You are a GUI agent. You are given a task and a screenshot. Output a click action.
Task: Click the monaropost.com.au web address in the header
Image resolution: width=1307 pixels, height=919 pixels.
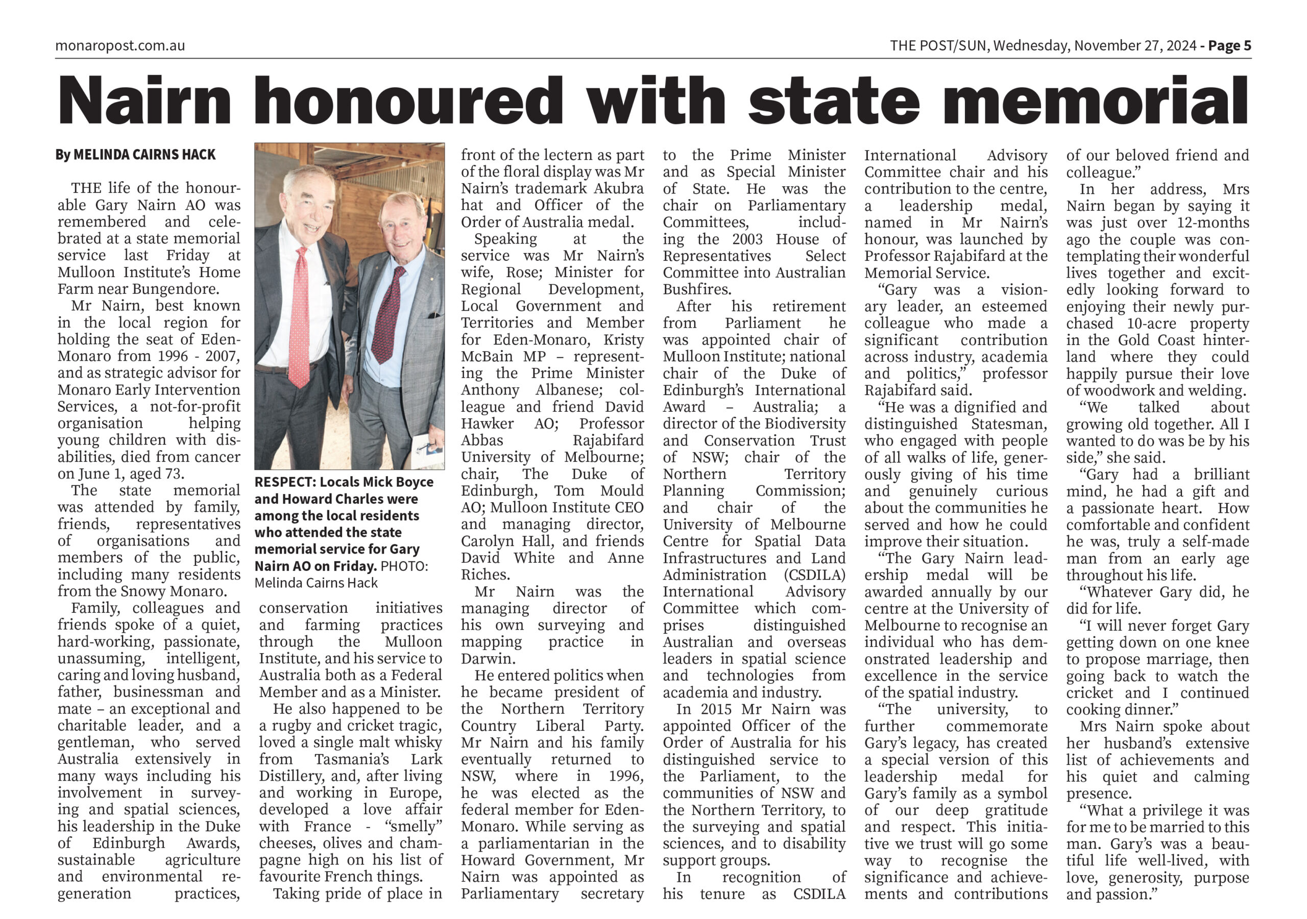120,45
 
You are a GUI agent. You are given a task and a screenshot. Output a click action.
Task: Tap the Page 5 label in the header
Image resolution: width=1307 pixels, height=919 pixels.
1229,45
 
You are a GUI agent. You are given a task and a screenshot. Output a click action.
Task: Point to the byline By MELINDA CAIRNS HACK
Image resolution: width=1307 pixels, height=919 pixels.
135,155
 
